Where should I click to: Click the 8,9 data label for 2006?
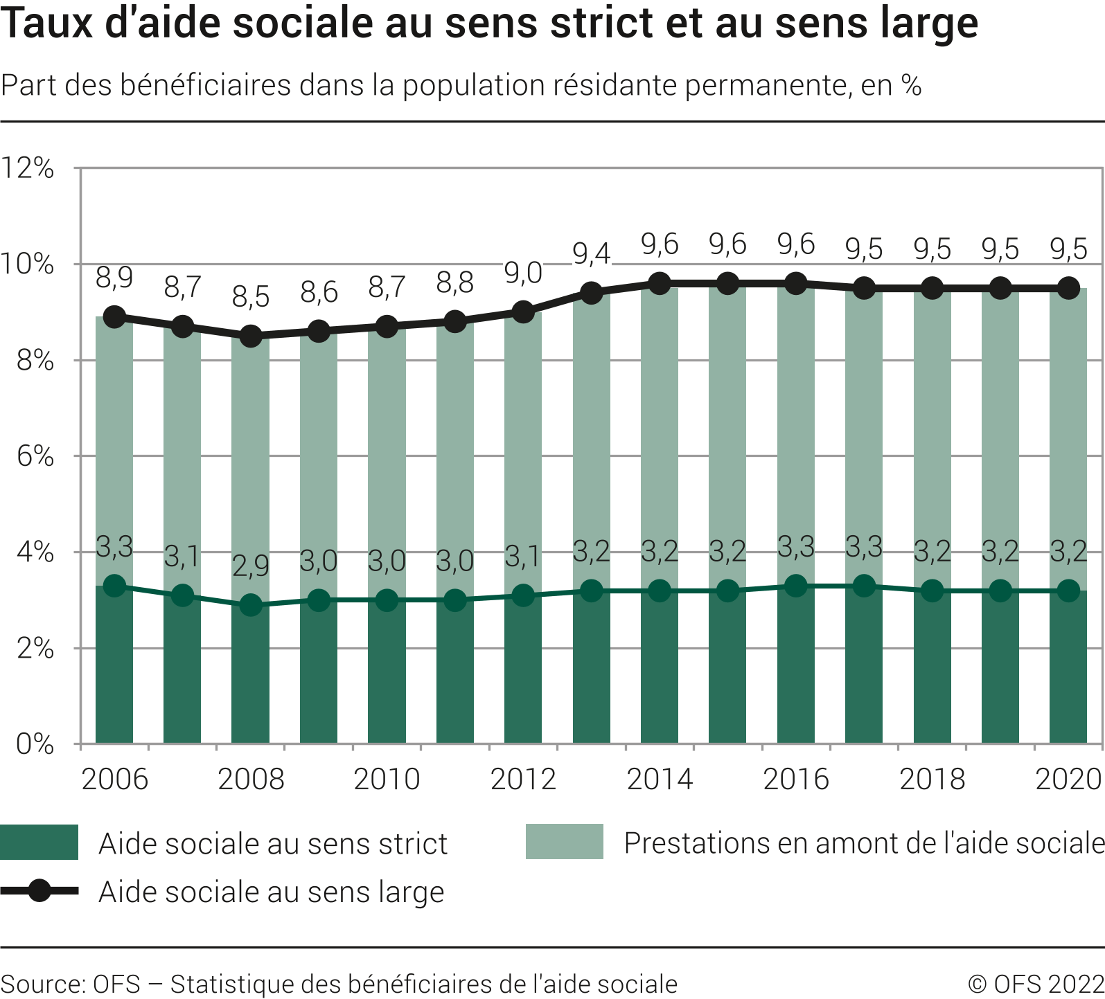[114, 278]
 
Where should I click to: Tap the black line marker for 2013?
[591, 293]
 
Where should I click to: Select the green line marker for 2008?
[251, 605]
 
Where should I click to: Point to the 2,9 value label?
[251, 566]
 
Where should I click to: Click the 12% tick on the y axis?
[28, 168]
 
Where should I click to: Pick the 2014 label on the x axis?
[660, 780]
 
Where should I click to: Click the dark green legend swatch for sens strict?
[39, 843]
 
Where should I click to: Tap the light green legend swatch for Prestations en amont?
[564, 842]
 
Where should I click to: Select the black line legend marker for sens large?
[39, 891]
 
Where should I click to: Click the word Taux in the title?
[40, 24]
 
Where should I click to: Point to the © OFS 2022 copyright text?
[1035, 984]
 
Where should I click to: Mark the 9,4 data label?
[591, 254]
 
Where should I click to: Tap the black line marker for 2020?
[1068, 288]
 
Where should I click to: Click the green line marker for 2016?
[796, 586]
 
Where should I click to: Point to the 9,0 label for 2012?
[523, 273]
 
